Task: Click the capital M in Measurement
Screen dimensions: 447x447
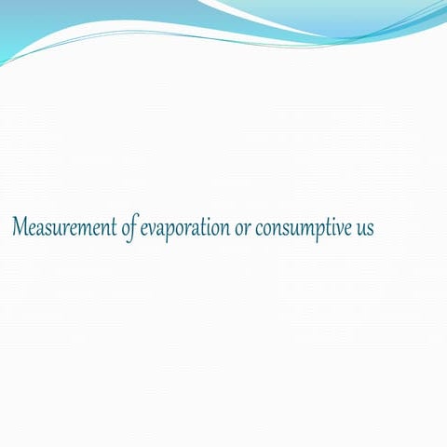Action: [x=20, y=226]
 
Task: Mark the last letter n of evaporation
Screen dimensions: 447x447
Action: [x=223, y=229]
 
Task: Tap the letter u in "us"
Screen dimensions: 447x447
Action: [x=359, y=229]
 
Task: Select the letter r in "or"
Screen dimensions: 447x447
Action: [x=247, y=229]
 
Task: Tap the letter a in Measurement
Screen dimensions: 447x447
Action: [x=40, y=229]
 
